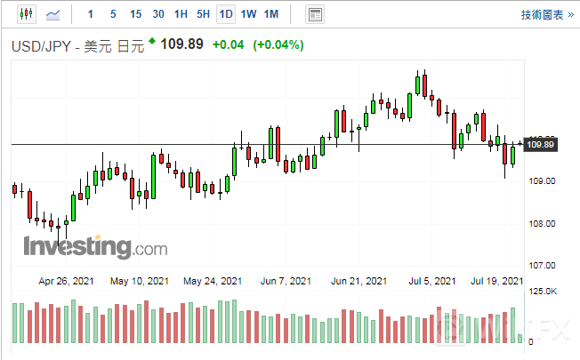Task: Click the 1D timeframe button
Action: coord(226,14)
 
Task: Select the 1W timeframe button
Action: coord(249,14)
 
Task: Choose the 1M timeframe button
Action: coord(271,14)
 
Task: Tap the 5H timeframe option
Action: coord(203,14)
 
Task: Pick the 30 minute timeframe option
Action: coord(157,14)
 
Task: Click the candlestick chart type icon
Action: coord(25,14)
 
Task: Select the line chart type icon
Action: coord(54,14)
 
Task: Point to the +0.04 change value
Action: coord(229,44)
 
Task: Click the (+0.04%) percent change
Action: coord(278,44)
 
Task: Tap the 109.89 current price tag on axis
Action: coord(541,145)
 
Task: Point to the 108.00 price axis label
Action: coord(542,223)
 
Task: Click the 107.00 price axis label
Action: coord(542,265)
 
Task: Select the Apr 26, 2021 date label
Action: coord(66,281)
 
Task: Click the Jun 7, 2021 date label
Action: coord(286,281)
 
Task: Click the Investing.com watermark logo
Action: coord(82,246)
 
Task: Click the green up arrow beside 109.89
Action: coord(152,41)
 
